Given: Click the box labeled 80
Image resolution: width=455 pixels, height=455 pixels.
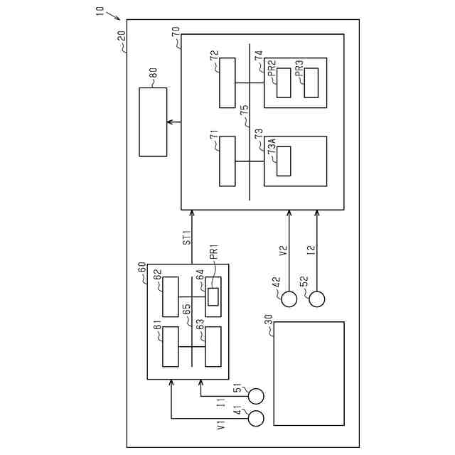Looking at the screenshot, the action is pos(153,122).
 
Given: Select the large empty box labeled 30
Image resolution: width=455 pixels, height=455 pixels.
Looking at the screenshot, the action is pos(309,374).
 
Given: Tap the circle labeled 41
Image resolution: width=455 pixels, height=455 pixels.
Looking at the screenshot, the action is pos(255,419).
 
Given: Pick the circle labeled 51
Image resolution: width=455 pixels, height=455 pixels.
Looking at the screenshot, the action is pos(255,395).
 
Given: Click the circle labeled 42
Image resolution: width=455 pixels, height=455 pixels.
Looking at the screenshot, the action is pos(289,299).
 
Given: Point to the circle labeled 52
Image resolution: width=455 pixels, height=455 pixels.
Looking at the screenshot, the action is pos(316,299).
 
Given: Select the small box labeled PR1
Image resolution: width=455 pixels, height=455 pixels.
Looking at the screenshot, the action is pos(213,297).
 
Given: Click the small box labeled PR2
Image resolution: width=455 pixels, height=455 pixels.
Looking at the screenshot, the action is pos(284,82).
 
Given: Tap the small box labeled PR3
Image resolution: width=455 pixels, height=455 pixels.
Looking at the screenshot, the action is pos(311,82).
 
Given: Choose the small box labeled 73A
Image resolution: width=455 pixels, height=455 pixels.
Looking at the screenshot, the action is pos(284,161).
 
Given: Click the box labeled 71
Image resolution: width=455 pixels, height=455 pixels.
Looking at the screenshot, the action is pos(227,161).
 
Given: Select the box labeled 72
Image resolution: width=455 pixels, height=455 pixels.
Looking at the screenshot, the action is pos(227,82).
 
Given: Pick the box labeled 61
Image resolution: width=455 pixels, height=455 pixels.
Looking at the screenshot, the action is pos(170,346).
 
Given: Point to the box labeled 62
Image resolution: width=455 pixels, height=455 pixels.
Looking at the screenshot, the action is pos(170,297).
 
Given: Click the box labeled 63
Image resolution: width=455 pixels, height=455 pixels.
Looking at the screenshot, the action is pos(213,346).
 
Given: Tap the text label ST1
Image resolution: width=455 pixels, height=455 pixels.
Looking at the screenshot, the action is pos(186,237).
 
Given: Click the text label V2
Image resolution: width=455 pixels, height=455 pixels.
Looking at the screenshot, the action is pos(283,250).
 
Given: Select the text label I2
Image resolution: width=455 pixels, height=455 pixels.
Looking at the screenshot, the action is pos(311,250).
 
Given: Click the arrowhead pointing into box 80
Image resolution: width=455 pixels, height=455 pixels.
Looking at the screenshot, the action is pos(170,122).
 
